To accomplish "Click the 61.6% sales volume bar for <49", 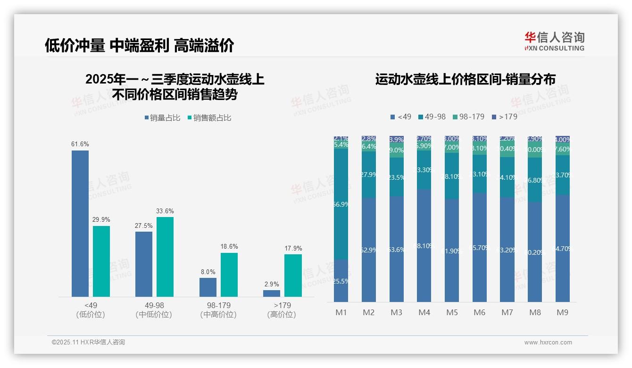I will pyautogui.click(x=80, y=224).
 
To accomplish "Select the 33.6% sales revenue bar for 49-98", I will pyautogui.click(x=165, y=257).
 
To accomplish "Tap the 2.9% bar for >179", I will pyautogui.click(x=272, y=293).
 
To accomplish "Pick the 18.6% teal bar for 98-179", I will pyautogui.click(x=229, y=275).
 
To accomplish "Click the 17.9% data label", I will pyautogui.click(x=293, y=249).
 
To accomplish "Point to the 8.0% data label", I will pyautogui.click(x=208, y=272).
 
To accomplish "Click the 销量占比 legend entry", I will pyautogui.click(x=163, y=118).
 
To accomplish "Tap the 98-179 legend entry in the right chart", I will pyautogui.click(x=468, y=117).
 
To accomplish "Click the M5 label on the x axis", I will pyautogui.click(x=452, y=312).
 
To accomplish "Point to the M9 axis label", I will pyautogui.click(x=563, y=312).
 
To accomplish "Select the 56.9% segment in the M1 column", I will pyautogui.click(x=341, y=204).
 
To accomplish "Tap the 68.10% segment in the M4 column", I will pyautogui.click(x=424, y=245).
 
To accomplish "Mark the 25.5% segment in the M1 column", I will pyautogui.click(x=341, y=281).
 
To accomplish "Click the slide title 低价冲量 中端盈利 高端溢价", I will pyautogui.click(x=139, y=46).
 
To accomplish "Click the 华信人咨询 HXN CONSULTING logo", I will pyautogui.click(x=554, y=42).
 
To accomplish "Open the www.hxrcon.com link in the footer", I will pyautogui.click(x=548, y=343).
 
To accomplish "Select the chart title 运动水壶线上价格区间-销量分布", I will pyautogui.click(x=465, y=79).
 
